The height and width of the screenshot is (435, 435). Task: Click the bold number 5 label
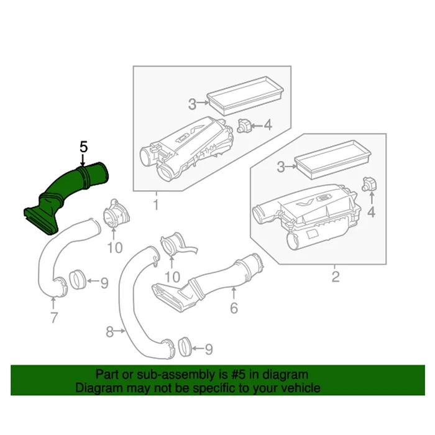[x=84, y=147]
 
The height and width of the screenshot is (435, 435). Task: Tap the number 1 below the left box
[x=156, y=204]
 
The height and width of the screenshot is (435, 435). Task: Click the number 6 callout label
[x=234, y=308]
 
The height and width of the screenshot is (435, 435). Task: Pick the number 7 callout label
[x=54, y=319]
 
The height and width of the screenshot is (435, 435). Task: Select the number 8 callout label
[x=110, y=332]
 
